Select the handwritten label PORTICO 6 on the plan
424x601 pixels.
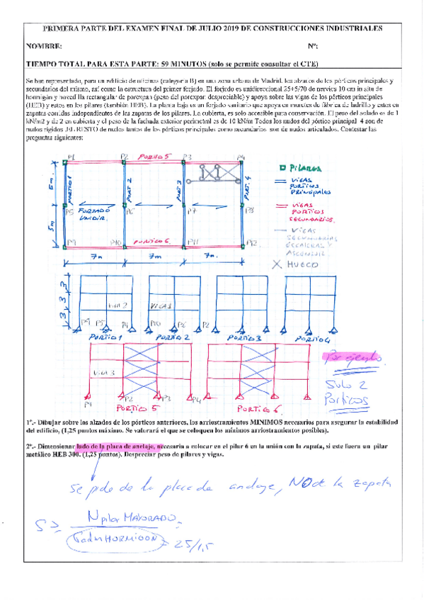pyautogui.click(x=150, y=241)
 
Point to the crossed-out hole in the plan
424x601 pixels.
pyautogui.click(x=219, y=172)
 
